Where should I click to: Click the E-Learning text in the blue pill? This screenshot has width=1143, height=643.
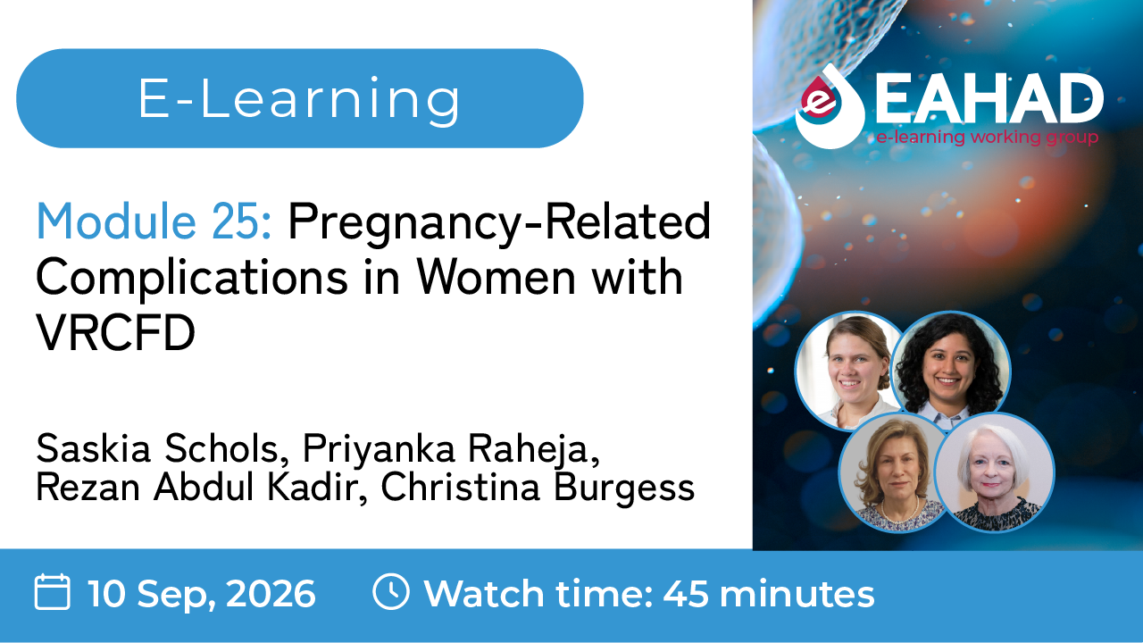pos(299,99)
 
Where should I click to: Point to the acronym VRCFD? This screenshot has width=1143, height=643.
pos(116,332)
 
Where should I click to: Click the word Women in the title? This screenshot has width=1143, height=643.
pos(497,277)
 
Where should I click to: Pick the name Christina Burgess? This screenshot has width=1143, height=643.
pos(538,489)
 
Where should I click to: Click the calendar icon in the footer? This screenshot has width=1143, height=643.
pos(52,592)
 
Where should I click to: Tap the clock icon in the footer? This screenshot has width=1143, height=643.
pos(391,592)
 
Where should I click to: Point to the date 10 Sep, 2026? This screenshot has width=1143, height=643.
pos(202,594)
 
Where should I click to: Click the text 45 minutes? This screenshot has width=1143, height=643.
pos(769,593)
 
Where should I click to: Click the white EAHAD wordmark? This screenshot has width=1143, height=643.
pos(989,99)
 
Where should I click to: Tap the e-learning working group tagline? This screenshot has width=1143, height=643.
pos(988,138)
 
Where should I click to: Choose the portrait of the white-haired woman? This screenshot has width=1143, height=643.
pos(994,472)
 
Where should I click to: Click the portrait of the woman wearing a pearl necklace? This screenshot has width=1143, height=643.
pos(898,472)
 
